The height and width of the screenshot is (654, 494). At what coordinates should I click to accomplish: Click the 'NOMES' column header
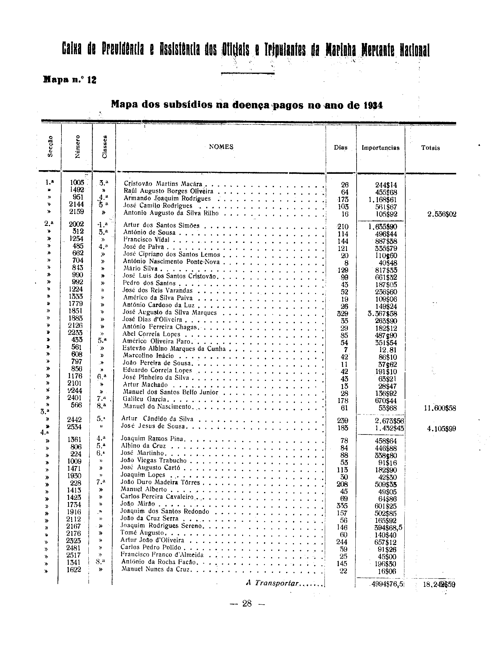coord(221,147)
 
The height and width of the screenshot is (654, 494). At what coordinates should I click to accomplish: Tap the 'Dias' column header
coord(341,148)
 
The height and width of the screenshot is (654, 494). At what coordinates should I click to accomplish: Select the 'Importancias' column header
coord(380,148)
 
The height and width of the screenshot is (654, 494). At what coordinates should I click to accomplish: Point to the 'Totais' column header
coord(430,148)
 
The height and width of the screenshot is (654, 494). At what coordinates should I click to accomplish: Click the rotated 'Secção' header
coord(50,147)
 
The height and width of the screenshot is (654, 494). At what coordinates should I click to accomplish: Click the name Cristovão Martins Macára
coord(163,184)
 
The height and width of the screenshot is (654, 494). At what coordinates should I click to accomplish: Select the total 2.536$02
coord(440,214)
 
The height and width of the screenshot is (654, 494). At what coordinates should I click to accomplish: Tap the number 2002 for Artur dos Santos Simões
coord(76,224)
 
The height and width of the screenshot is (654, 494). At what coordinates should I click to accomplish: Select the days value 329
coord(342,314)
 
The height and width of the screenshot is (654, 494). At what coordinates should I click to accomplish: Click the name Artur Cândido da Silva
coord(157,419)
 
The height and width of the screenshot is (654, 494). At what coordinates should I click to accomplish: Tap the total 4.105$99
coord(440,429)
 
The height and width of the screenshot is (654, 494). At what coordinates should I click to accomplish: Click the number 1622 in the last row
coord(74,570)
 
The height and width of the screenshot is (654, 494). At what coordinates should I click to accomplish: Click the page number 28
coord(247,604)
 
